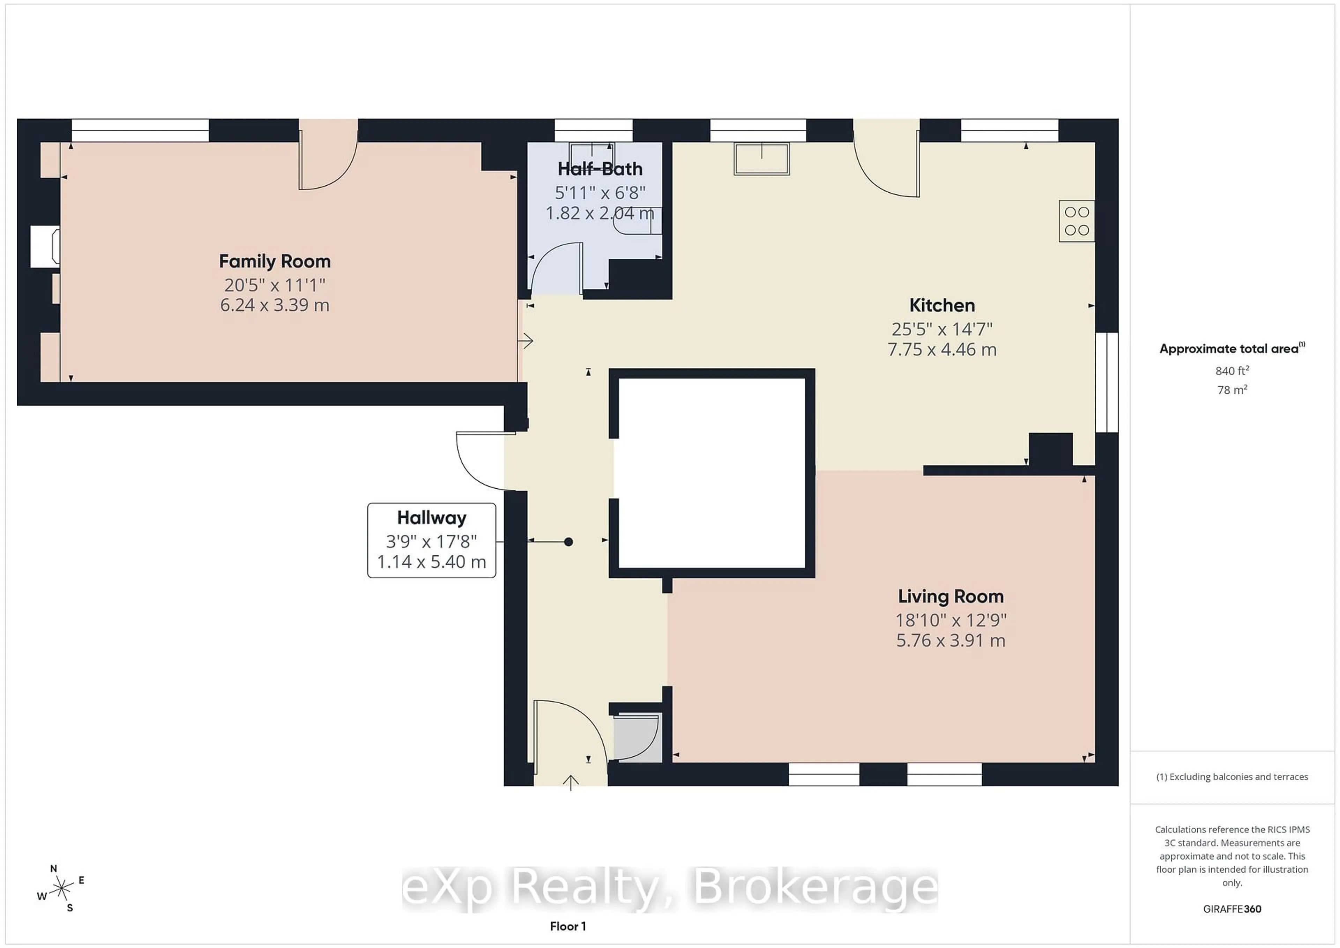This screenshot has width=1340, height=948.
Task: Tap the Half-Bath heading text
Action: click(600, 169)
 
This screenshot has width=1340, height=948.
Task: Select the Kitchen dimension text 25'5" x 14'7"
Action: click(941, 329)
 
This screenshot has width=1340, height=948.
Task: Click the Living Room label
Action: click(950, 596)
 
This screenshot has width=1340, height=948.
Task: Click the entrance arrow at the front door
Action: click(570, 782)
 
